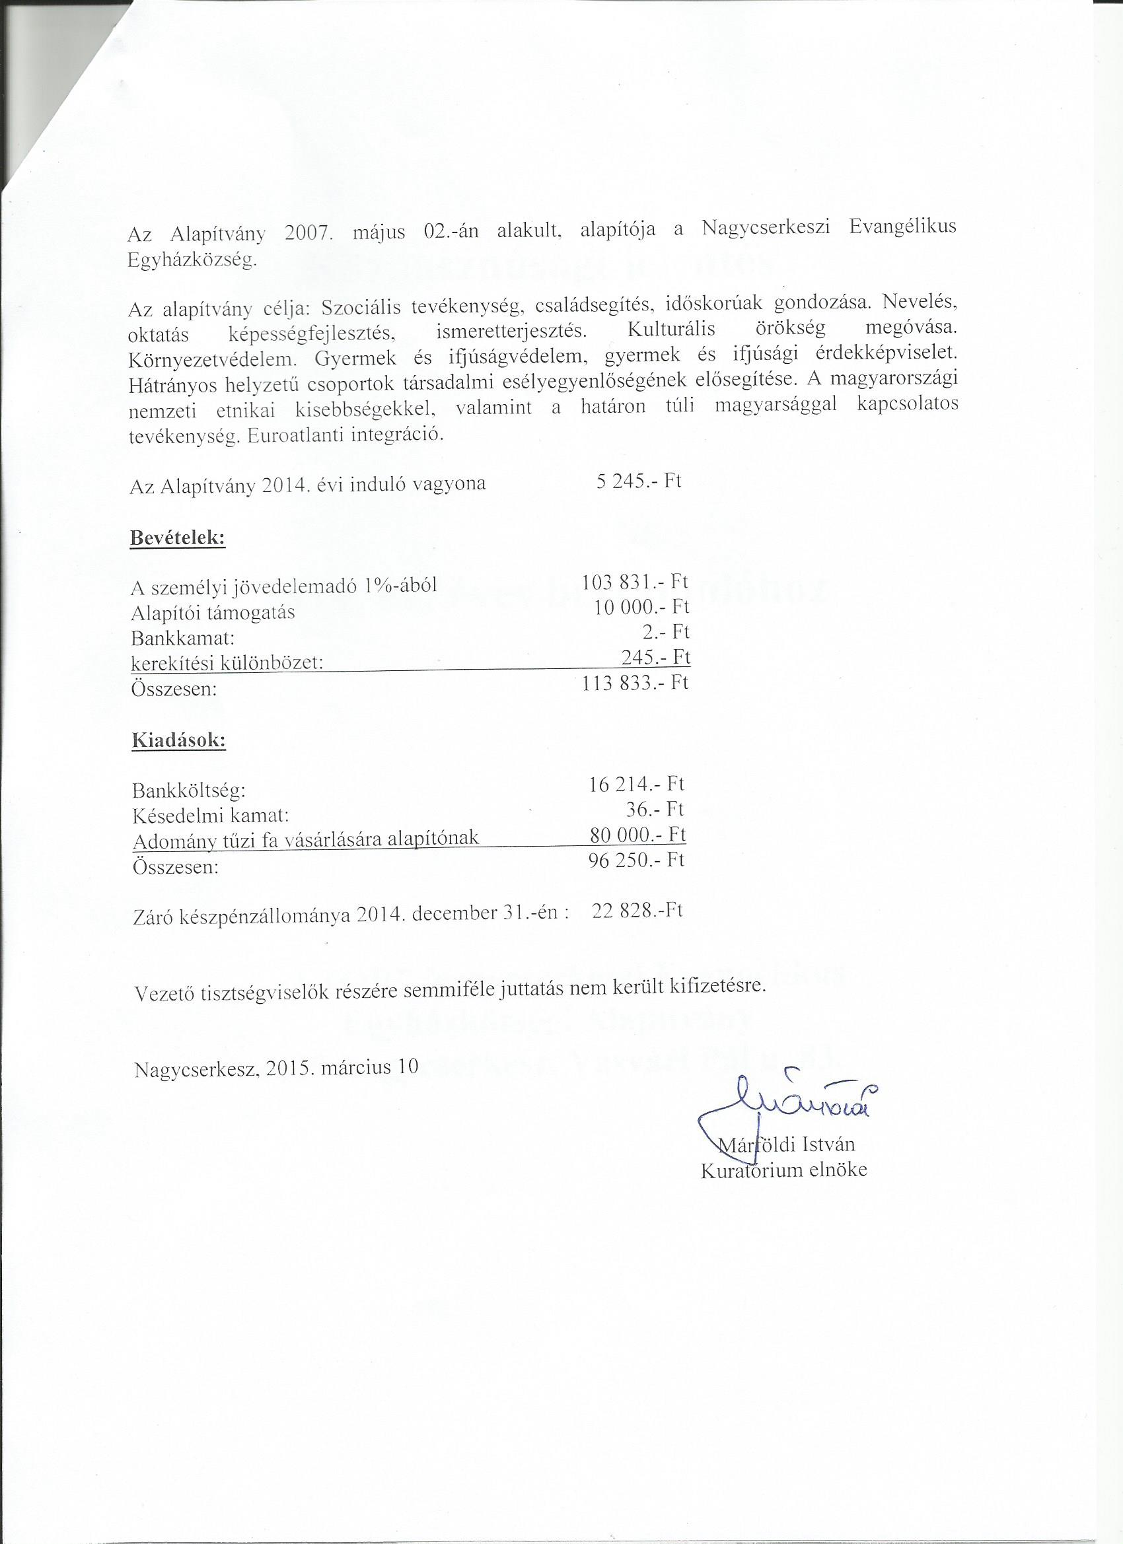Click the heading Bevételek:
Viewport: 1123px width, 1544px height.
click(x=177, y=537)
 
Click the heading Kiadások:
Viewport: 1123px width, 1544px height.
click(x=178, y=741)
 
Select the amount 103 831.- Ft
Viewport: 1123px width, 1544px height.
click(x=635, y=582)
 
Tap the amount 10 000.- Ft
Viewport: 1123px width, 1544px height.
click(x=641, y=606)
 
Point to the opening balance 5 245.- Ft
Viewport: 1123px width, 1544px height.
click(x=638, y=481)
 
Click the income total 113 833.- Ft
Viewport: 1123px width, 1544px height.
click(x=635, y=682)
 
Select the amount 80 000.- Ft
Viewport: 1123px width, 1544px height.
click(x=638, y=835)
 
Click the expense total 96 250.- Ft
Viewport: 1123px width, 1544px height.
click(x=636, y=860)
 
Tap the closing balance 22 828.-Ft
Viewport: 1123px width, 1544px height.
click(x=637, y=911)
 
